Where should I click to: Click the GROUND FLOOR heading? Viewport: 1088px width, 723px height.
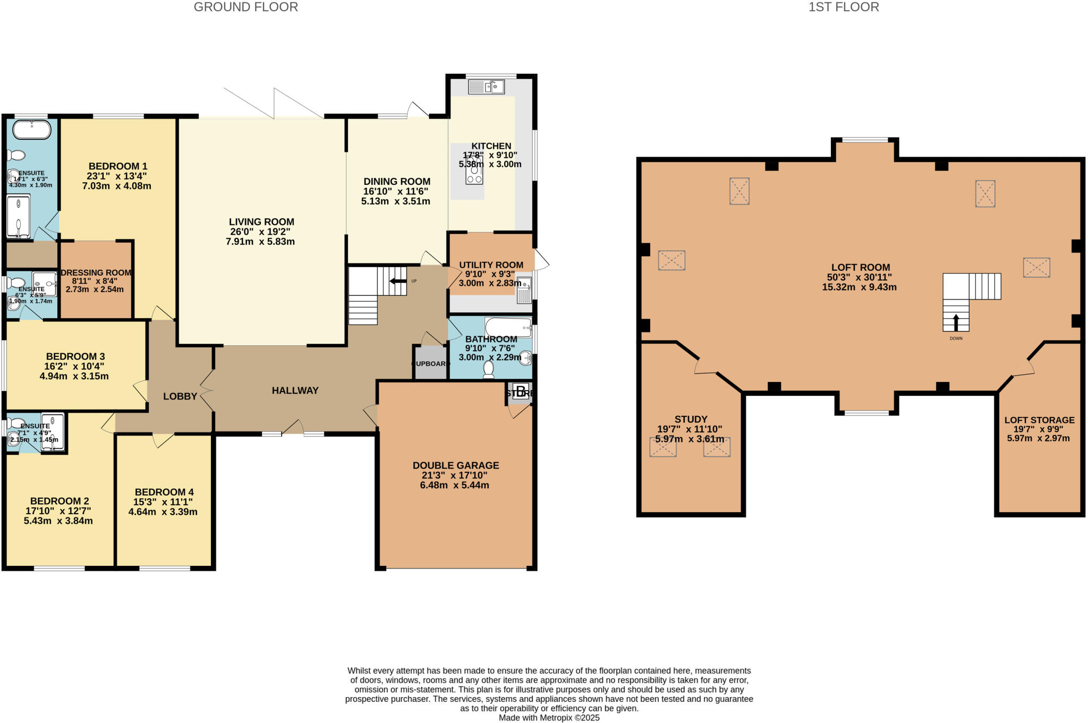(x=245, y=7)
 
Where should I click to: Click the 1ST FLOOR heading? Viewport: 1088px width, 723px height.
(x=844, y=7)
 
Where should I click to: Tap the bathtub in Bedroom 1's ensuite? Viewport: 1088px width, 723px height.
(x=31, y=129)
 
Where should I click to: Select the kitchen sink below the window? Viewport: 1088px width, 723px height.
(x=486, y=86)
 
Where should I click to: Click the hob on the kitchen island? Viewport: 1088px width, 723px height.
(x=474, y=171)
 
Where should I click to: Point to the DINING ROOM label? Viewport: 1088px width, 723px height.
(x=396, y=182)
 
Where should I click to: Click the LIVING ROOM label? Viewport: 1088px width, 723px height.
(x=261, y=222)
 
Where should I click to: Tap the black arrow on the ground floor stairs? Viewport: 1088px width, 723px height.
(x=398, y=281)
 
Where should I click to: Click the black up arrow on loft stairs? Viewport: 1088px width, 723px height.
(x=956, y=322)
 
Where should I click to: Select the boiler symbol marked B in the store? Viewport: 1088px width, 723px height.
(x=521, y=392)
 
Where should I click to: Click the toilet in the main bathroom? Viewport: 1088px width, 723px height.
(x=488, y=370)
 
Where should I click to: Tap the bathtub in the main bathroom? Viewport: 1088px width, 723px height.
(x=508, y=327)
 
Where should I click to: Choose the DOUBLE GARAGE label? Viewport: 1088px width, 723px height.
(x=456, y=465)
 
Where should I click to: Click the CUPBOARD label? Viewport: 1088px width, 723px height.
(x=430, y=364)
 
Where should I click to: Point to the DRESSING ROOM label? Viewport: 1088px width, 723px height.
(x=96, y=273)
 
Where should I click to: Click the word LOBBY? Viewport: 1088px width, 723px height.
(x=180, y=396)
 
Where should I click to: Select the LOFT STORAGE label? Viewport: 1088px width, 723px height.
(x=1039, y=420)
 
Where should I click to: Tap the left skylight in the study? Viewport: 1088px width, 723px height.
(x=663, y=447)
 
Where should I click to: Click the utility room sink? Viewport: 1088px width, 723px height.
(x=524, y=290)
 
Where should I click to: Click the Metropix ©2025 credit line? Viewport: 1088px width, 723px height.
(x=549, y=718)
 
